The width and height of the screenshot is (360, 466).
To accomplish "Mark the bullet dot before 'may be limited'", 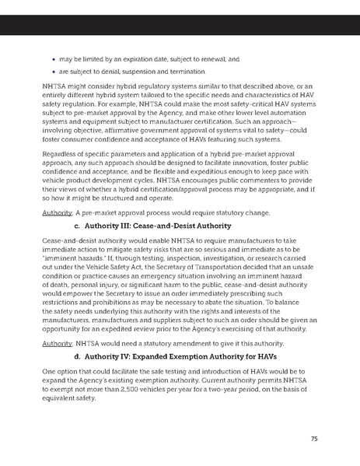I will pos(51,58).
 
